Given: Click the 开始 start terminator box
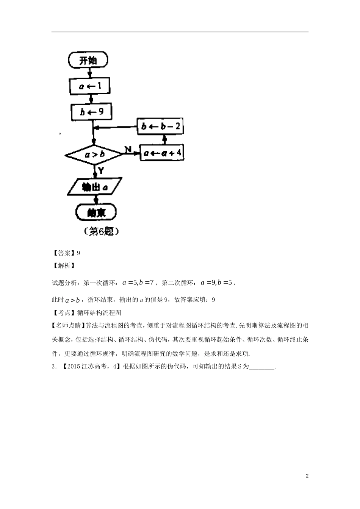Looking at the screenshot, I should click(88, 61).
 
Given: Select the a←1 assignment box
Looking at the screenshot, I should click(90, 86).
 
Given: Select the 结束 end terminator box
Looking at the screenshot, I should click(96, 212).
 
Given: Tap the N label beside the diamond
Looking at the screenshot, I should click(128, 150).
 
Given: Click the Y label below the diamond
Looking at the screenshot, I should click(101, 171).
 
